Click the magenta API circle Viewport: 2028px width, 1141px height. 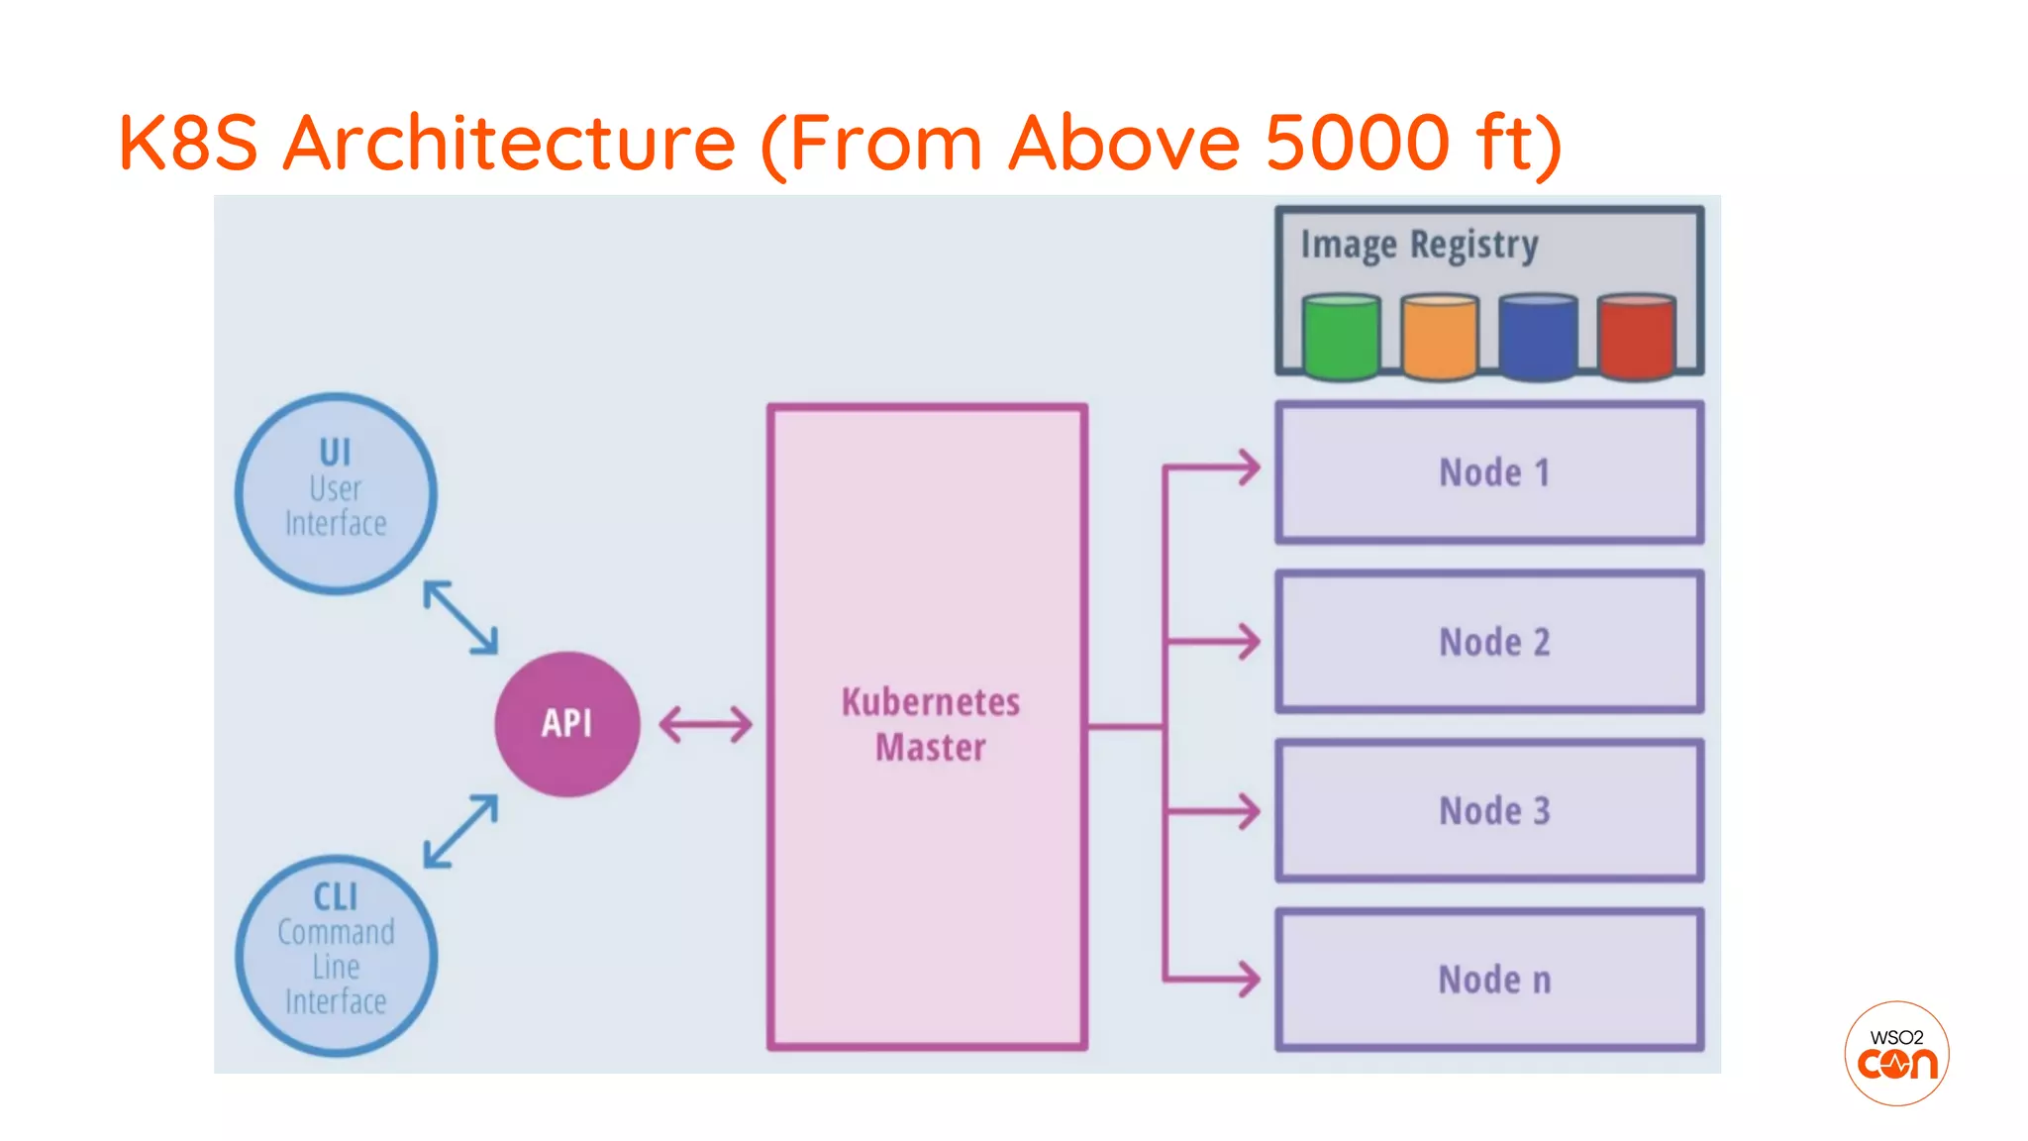(x=567, y=724)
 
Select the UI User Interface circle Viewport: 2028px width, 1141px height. (x=336, y=493)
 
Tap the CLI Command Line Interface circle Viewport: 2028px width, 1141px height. (x=336, y=956)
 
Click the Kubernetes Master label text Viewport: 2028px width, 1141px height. (x=930, y=724)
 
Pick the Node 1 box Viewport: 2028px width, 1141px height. (x=1490, y=472)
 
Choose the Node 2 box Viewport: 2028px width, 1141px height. (x=1490, y=642)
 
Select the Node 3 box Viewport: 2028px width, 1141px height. (x=1490, y=810)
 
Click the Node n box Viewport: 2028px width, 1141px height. (x=1490, y=980)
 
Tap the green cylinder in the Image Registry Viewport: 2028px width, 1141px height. (x=1342, y=337)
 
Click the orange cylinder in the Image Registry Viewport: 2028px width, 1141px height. (x=1440, y=337)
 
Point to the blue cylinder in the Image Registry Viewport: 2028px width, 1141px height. (x=1538, y=337)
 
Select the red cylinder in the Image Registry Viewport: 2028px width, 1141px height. (x=1636, y=337)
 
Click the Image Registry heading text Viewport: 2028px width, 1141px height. (x=1419, y=245)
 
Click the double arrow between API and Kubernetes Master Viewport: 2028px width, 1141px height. (x=705, y=724)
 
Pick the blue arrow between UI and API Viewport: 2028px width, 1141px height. (x=460, y=617)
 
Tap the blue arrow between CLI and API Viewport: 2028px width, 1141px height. (x=460, y=831)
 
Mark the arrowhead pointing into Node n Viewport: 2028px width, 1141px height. (x=1248, y=980)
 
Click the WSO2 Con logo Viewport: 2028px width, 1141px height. (x=1896, y=1053)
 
